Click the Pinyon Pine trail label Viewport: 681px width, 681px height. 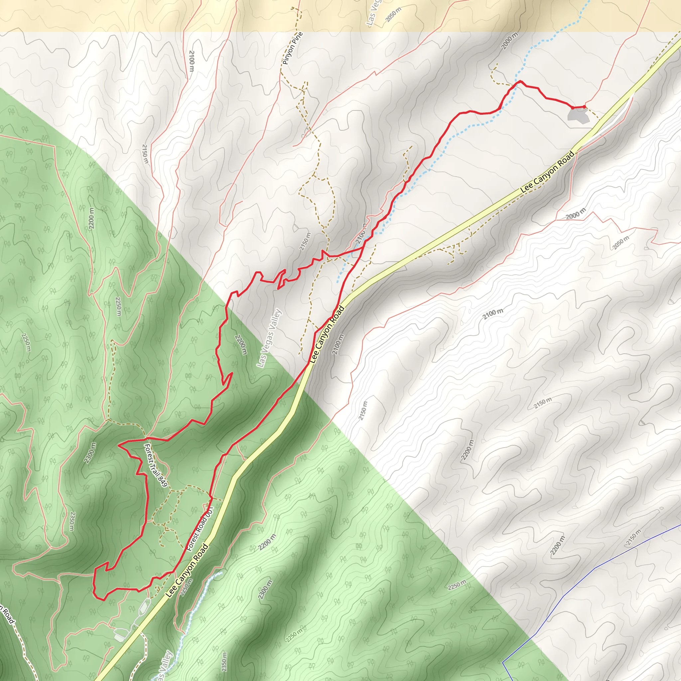point(293,49)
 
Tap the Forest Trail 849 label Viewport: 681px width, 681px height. point(155,465)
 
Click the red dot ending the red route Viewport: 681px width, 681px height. point(584,106)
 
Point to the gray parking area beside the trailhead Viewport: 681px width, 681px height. point(578,116)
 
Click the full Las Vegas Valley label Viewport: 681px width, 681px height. point(269,338)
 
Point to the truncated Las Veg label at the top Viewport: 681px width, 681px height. point(372,14)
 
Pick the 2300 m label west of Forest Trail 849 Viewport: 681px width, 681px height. point(90,453)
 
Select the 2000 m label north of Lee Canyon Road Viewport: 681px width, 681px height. point(510,41)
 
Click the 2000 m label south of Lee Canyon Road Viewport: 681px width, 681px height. point(576,213)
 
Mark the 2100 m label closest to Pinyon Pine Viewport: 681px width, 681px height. point(192,61)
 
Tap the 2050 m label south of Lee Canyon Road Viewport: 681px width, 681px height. point(620,242)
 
